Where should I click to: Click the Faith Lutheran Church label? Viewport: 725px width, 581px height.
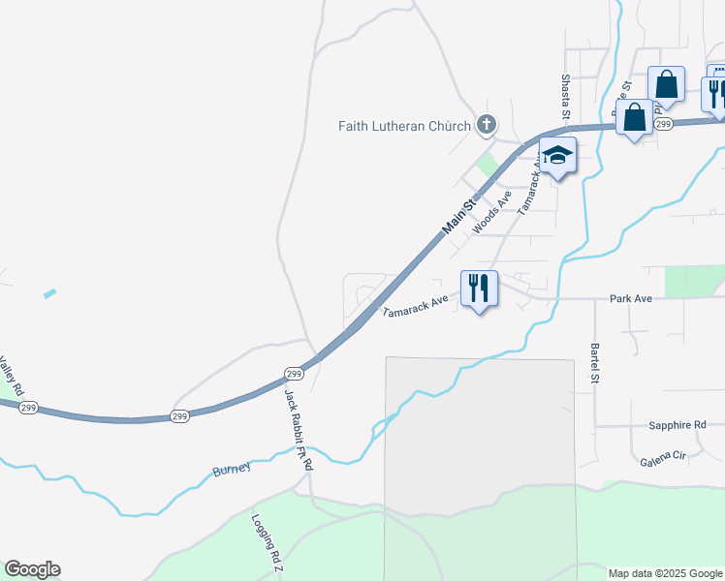(x=404, y=125)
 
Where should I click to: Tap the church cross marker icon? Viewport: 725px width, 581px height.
(x=487, y=124)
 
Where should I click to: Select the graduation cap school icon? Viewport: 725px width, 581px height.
(x=558, y=155)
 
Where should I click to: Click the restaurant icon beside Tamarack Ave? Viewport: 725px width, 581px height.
(x=479, y=288)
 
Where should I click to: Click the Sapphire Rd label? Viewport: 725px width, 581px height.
(x=678, y=425)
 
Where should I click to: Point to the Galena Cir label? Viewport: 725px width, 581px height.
(x=663, y=455)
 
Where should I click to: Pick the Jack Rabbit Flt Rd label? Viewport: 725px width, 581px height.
(x=298, y=430)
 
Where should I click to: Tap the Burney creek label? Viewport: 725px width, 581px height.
(x=232, y=469)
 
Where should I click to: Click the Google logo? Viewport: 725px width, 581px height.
(x=32, y=569)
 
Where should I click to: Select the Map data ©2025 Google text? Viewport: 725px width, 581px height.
(x=664, y=573)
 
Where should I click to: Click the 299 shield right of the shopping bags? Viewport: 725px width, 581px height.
(x=663, y=124)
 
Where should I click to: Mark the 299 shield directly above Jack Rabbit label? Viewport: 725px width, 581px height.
(x=295, y=374)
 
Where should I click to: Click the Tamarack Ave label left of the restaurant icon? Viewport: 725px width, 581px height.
(x=415, y=307)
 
